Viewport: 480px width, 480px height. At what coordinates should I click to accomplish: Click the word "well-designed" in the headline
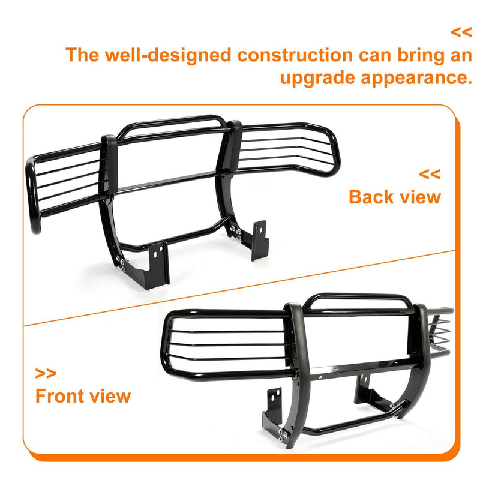(x=168, y=55)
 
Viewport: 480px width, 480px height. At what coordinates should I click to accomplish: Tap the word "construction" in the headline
(x=295, y=55)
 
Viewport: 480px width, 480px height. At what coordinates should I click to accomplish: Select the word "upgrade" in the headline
(x=317, y=78)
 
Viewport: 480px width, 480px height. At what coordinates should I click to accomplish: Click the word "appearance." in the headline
(x=416, y=78)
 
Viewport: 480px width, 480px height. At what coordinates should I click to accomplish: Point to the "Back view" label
(x=395, y=197)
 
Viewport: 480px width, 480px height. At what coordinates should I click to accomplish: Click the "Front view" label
(x=83, y=396)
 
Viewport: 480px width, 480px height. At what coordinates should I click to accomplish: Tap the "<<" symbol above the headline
(x=461, y=32)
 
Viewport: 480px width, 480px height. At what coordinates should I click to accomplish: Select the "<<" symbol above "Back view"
(x=430, y=174)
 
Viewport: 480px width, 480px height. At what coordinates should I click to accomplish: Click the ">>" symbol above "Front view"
(x=46, y=373)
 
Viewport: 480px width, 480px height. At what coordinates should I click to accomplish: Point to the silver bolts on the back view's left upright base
(x=121, y=263)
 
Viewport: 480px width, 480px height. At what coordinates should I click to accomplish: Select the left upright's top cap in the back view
(x=109, y=139)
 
